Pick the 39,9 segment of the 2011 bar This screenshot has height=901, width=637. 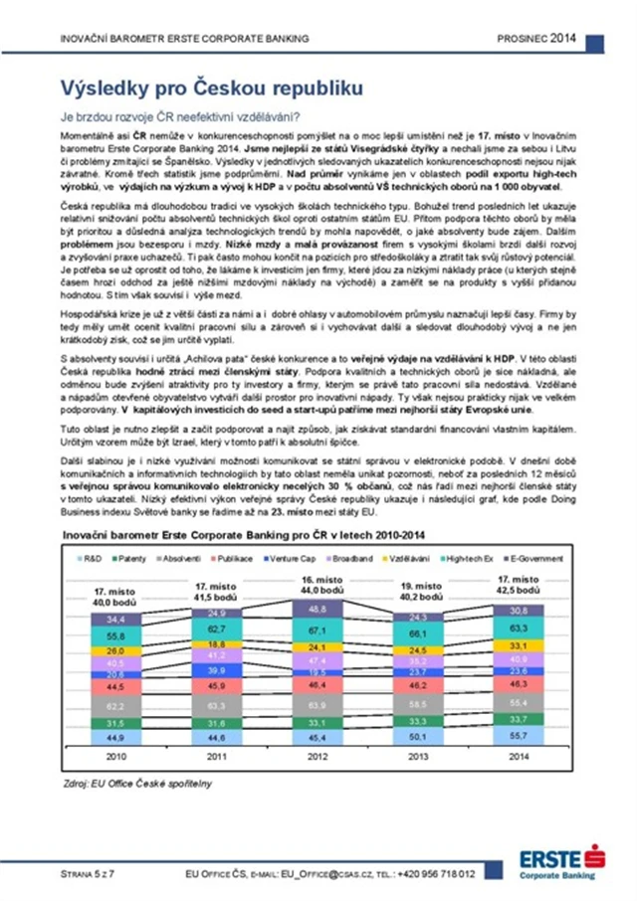point(217,671)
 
